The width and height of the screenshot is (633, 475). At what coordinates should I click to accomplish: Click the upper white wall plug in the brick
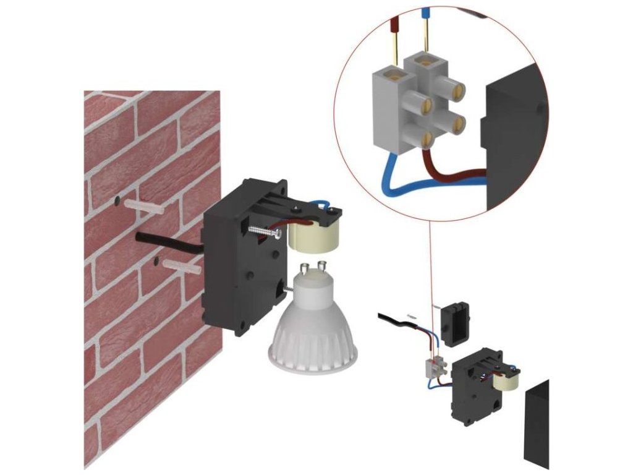[x=144, y=206]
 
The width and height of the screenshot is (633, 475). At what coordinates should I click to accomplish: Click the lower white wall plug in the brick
[x=181, y=268]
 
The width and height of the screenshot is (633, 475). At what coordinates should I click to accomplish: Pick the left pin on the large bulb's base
[x=305, y=269]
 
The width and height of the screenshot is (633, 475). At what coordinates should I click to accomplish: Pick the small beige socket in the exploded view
[x=509, y=383]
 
